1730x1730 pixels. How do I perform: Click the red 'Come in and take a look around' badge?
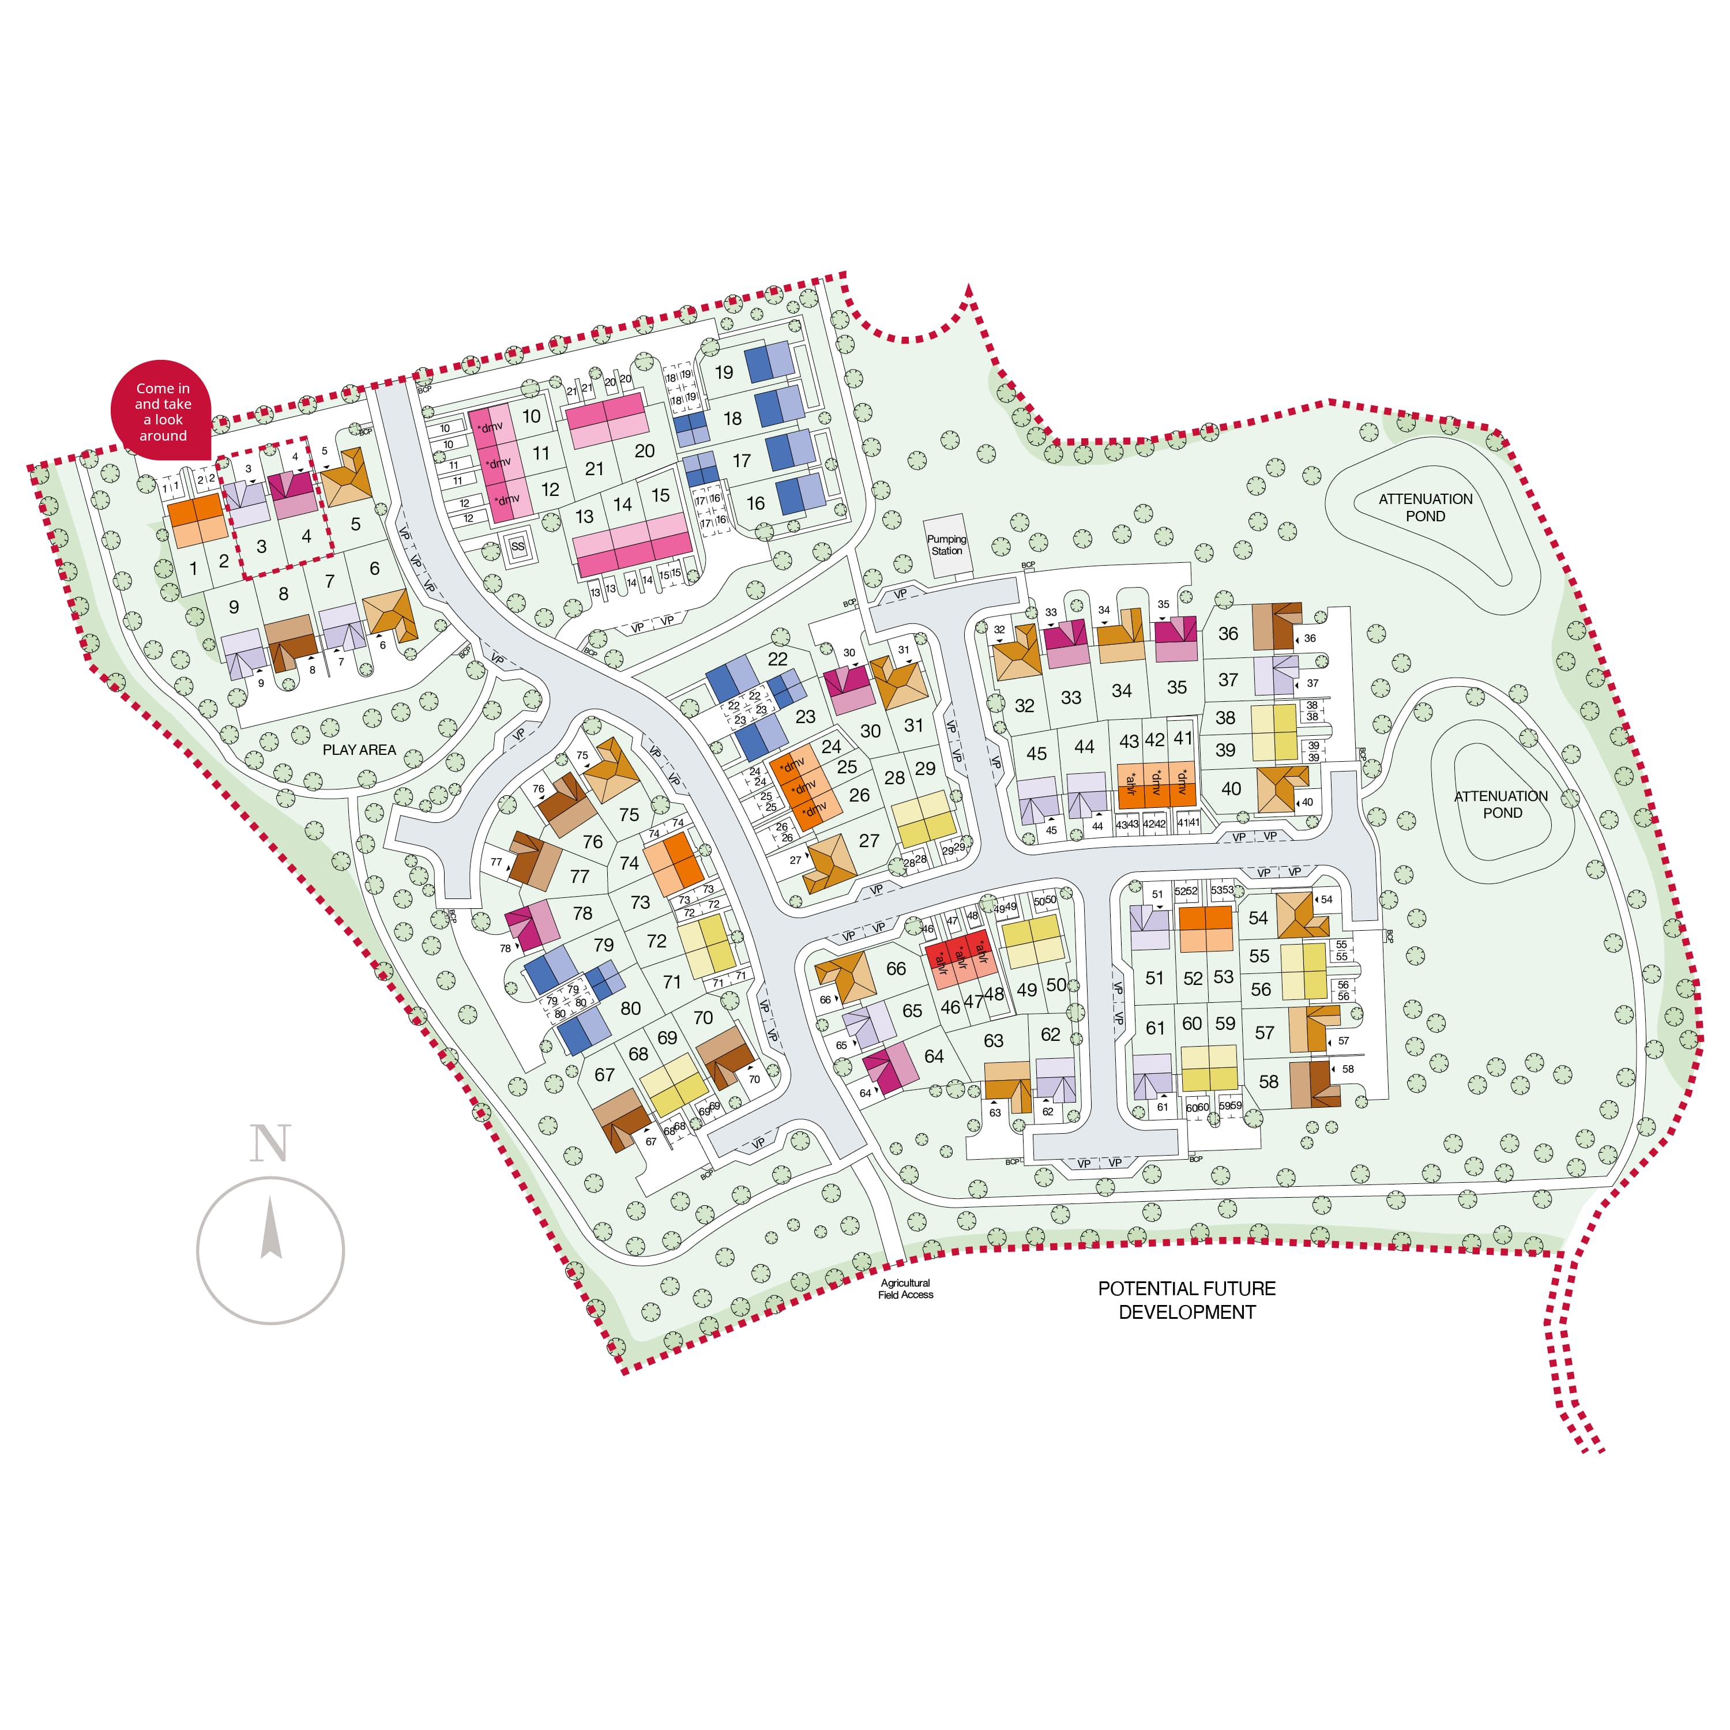(x=162, y=411)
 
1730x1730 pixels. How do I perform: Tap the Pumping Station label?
(x=946, y=544)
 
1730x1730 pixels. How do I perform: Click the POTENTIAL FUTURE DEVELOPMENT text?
(x=1186, y=1300)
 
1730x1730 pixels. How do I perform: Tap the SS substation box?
(x=518, y=546)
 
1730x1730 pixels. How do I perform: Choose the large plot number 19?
(x=724, y=373)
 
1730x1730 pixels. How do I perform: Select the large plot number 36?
(x=1228, y=633)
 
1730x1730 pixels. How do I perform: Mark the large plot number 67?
(x=604, y=1074)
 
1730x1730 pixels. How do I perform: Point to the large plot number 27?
(x=868, y=840)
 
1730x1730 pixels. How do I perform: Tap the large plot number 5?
(x=355, y=524)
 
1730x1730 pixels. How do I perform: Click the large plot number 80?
(x=630, y=1008)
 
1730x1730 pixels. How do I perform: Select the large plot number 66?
(x=896, y=968)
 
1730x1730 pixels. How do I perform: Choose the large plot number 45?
(x=1036, y=753)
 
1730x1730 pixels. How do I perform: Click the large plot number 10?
(x=531, y=416)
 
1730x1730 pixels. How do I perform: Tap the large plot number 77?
(x=580, y=876)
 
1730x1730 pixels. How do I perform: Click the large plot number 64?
(x=933, y=1056)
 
